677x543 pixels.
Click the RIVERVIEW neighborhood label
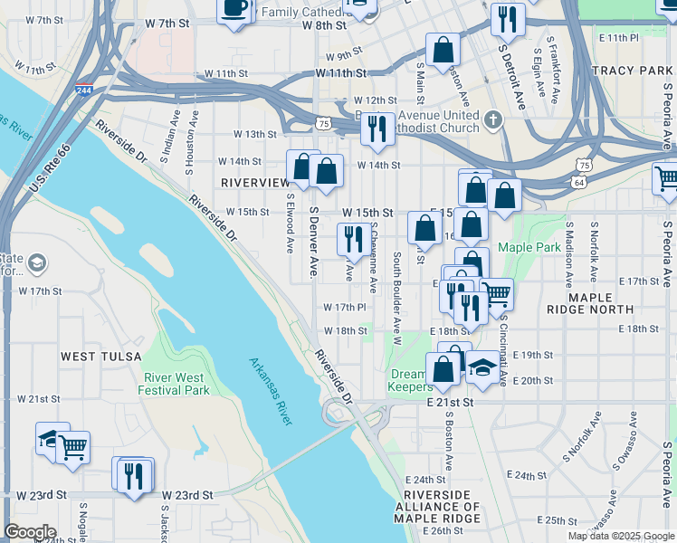click(x=254, y=182)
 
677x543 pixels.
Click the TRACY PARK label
click(x=631, y=70)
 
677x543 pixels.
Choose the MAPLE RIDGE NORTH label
click(x=590, y=302)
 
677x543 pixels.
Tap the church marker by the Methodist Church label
click(x=492, y=119)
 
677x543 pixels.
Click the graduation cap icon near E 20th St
click(x=482, y=367)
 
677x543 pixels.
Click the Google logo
click(x=30, y=532)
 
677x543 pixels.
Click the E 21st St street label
click(x=453, y=401)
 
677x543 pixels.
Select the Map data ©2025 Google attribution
click(x=621, y=536)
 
